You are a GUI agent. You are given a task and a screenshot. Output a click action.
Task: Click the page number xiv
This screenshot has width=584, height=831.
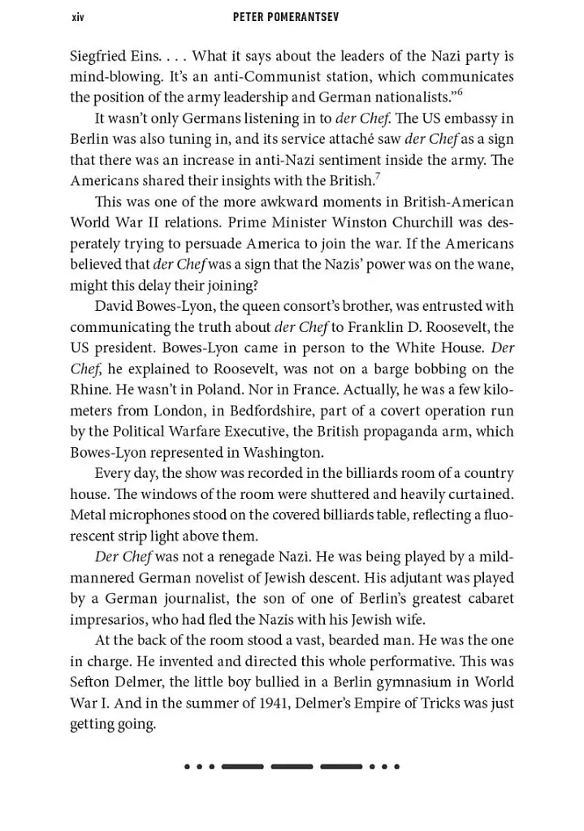pos(77,17)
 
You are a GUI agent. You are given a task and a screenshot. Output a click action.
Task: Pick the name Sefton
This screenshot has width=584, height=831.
pos(92,682)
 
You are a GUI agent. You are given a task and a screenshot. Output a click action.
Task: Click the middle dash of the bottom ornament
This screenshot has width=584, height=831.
pos(292,766)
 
